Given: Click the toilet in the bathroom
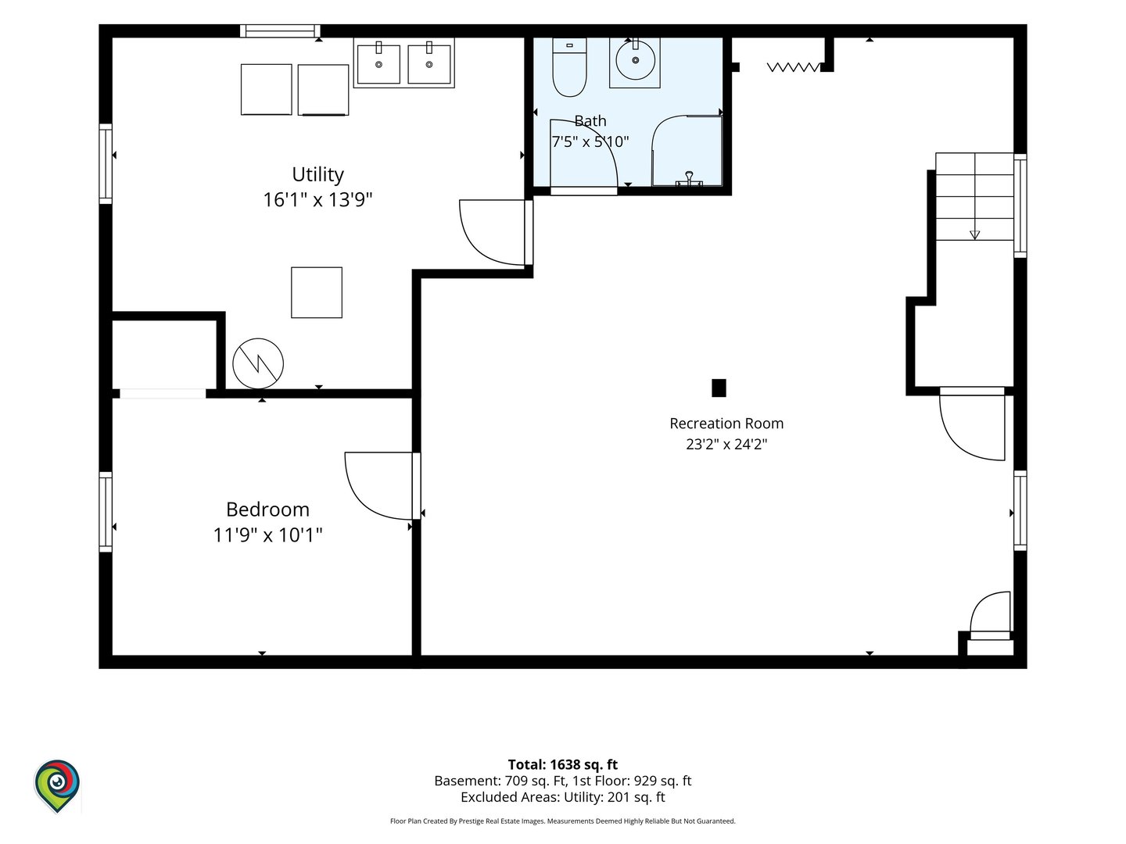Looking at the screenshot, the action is click(569, 67).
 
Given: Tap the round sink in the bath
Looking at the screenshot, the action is click(635, 60).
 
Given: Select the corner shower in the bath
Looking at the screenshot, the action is click(687, 151).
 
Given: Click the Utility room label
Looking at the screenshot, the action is click(317, 174).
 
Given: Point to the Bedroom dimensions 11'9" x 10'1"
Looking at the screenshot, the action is click(267, 535).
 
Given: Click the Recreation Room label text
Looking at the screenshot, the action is click(726, 424).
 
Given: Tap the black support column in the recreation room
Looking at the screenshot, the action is click(719, 388).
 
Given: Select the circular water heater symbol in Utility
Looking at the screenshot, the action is click(258, 363).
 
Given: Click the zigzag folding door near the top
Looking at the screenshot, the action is click(793, 67).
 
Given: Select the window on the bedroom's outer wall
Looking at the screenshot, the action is click(106, 511).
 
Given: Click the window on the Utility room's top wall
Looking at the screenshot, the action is click(280, 31).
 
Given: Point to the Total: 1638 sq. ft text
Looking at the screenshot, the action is click(563, 764).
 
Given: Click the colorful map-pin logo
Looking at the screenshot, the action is click(57, 786).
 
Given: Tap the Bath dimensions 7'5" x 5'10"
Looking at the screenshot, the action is click(590, 141).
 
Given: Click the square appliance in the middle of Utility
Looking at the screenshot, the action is click(317, 292).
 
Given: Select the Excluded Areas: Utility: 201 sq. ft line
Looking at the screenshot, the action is click(563, 797).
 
